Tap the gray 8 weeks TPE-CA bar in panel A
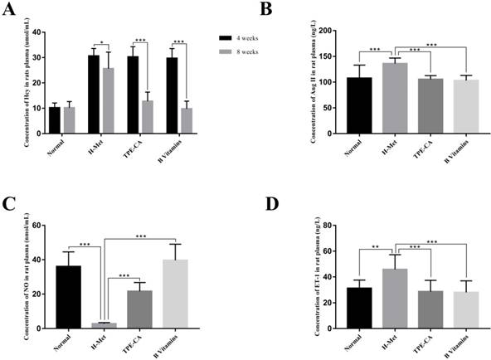pyautogui.click(x=147, y=116)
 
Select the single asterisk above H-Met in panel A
pyautogui.click(x=101, y=42)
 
